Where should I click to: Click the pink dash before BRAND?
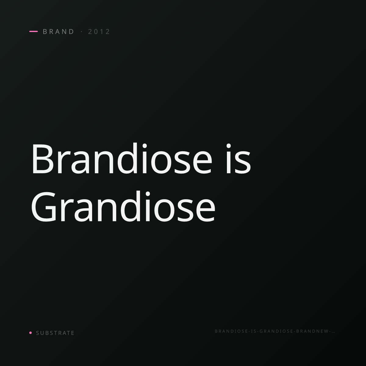(x=34, y=31)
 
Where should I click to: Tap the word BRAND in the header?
(x=58, y=31)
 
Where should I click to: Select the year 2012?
(x=99, y=31)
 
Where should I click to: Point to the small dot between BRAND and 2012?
(x=82, y=31)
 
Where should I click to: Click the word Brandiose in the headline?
(x=122, y=158)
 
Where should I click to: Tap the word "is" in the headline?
(x=239, y=159)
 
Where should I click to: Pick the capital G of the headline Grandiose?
(x=44, y=207)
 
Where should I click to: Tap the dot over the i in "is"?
(x=228, y=146)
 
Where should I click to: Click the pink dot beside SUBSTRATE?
(x=30, y=332)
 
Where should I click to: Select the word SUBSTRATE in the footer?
(x=55, y=333)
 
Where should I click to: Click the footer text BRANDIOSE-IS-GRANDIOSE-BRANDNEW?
(x=273, y=331)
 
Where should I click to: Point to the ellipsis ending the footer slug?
(x=333, y=332)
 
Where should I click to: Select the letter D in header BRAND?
(x=71, y=31)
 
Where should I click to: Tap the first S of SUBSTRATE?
(x=38, y=333)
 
